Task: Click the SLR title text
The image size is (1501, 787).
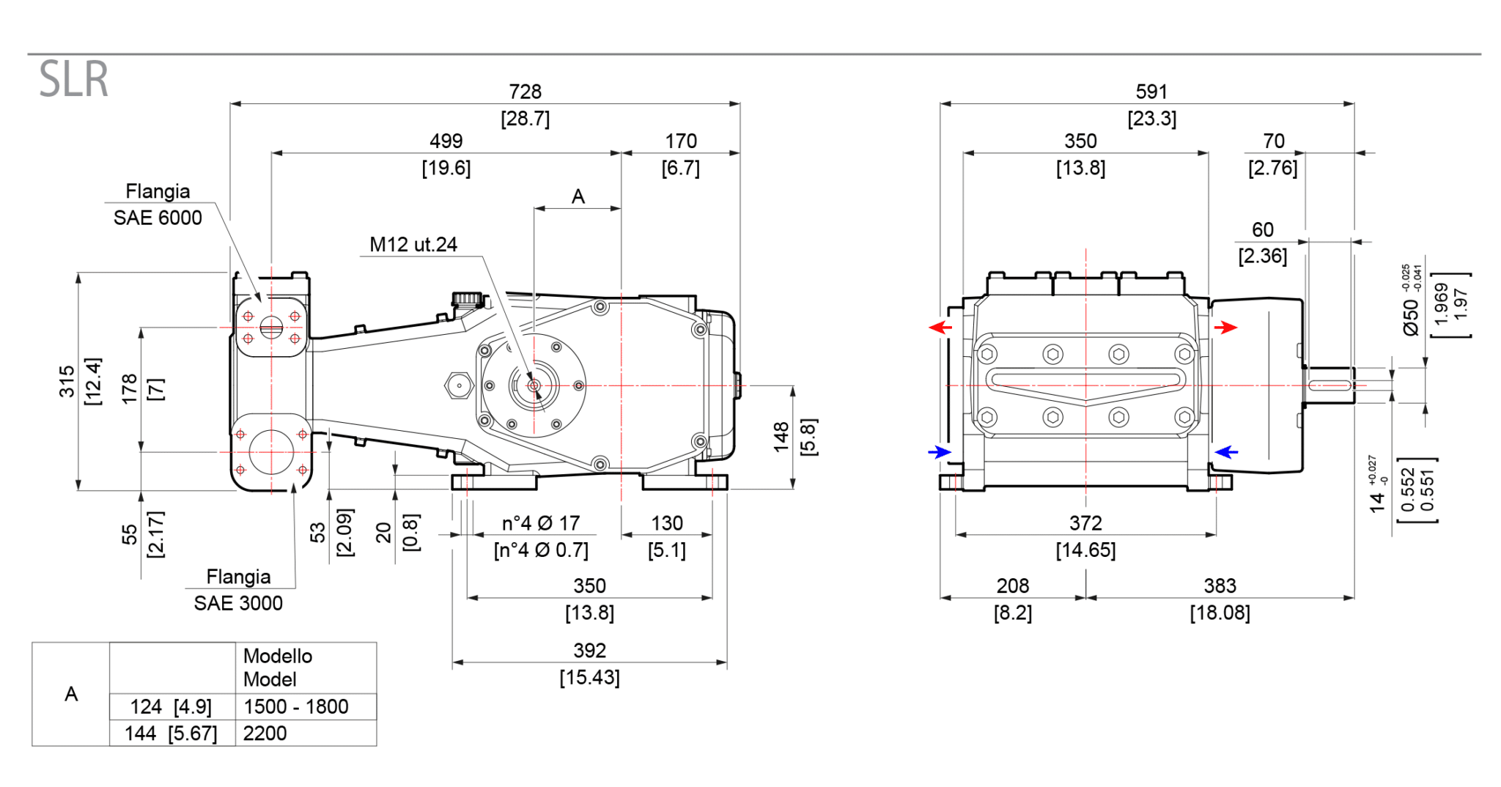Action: [73, 79]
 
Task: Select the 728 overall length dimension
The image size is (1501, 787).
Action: [525, 92]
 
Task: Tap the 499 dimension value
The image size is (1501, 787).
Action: [446, 141]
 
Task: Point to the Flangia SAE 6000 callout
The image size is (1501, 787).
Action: [158, 204]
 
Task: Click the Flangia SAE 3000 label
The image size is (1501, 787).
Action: [238, 590]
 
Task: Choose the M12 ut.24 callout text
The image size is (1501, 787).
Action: [413, 244]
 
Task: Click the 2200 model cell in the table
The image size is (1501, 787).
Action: [265, 733]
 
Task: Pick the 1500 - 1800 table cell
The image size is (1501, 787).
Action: [295, 706]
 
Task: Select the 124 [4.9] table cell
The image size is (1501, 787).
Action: [171, 706]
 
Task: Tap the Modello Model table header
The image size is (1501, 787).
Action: [277, 668]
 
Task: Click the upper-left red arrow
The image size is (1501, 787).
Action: [940, 327]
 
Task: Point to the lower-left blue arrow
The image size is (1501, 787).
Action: [940, 452]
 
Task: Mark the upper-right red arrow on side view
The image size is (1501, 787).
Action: [1225, 327]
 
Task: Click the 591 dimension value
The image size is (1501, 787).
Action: [1151, 92]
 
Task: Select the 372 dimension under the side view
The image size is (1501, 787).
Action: [1085, 523]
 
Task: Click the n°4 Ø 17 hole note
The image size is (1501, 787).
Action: [541, 523]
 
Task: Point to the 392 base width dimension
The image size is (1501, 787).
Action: [589, 651]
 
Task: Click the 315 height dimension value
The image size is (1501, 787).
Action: [67, 381]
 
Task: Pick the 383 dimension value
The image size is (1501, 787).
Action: [1220, 585]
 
